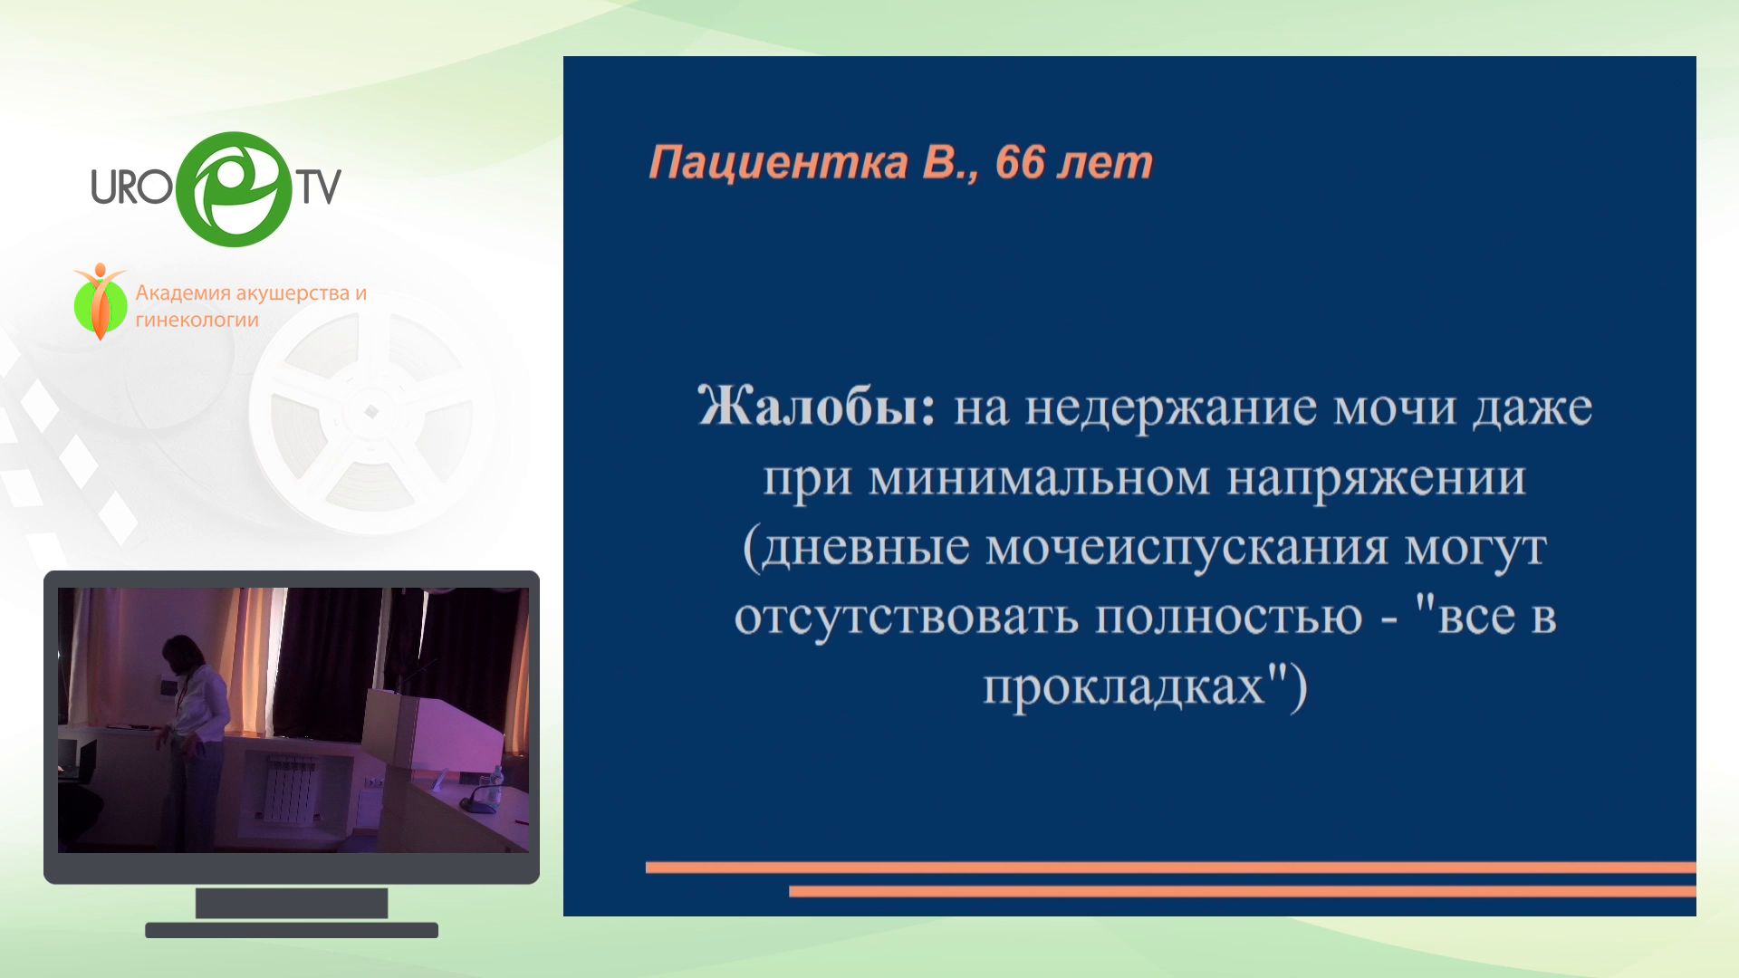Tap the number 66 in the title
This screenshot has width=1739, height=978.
coord(1020,162)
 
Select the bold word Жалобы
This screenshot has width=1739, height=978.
coord(816,407)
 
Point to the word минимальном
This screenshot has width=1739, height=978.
coord(1039,478)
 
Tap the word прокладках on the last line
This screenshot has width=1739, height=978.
coord(1124,686)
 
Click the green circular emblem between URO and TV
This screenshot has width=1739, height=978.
coord(234,189)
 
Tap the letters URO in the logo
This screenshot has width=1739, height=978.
coord(131,187)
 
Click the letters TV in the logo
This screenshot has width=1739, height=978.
coord(320,187)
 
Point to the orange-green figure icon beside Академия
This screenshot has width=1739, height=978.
coord(101,302)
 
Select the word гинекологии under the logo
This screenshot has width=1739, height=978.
coord(197,321)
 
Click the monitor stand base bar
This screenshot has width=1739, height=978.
coord(292,930)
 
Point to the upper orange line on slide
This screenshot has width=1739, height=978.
coord(1170,868)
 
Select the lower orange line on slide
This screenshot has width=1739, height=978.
coord(1242,892)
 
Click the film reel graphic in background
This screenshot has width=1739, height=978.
coord(371,412)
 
